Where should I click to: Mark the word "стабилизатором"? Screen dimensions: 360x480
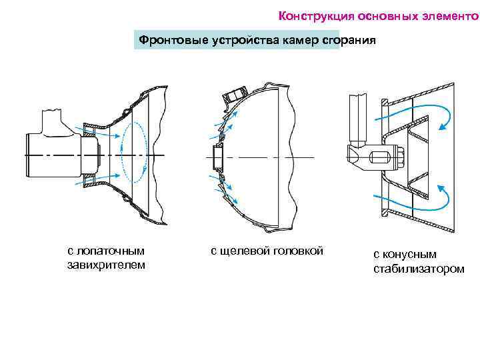tap(419, 269)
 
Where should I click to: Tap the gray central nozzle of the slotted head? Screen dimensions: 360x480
tap(217, 157)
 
